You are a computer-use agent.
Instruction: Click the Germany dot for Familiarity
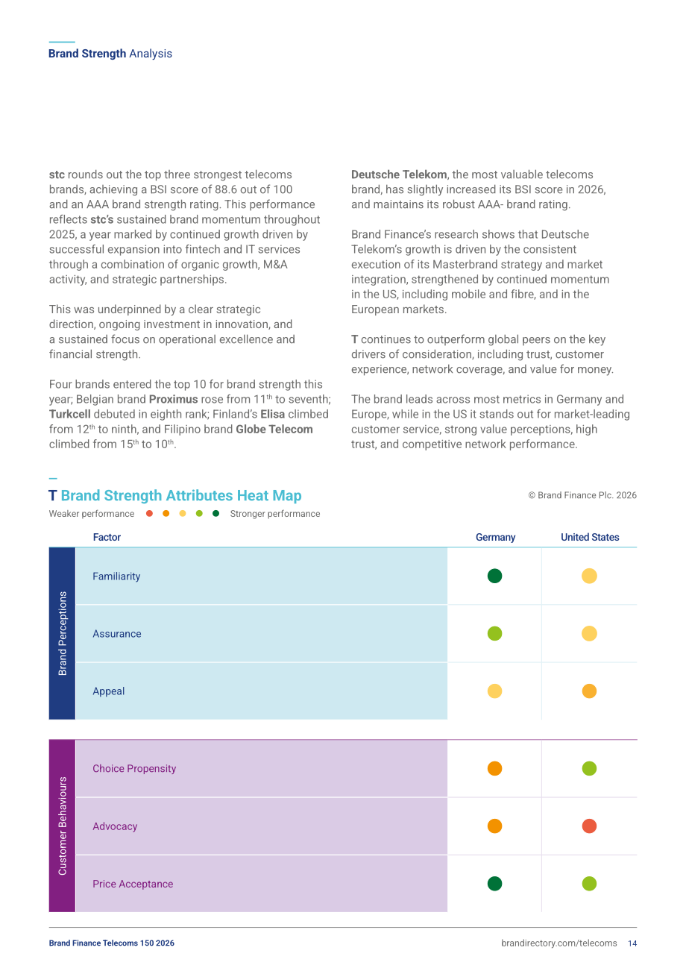pyautogui.click(x=494, y=576)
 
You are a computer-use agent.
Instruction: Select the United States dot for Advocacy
pyautogui.click(x=589, y=826)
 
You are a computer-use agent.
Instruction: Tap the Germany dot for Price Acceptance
pyautogui.click(x=494, y=884)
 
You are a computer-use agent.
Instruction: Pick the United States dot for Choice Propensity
pyautogui.click(x=589, y=768)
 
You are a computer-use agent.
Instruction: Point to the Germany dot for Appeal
pyautogui.click(x=494, y=691)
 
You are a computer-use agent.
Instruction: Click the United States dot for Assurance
pyautogui.click(x=589, y=633)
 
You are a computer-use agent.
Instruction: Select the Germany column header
pyautogui.click(x=495, y=537)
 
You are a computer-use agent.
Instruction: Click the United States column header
pyautogui.click(x=590, y=537)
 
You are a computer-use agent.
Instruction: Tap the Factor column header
pyautogui.click(x=107, y=537)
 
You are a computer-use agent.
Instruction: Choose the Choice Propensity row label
pyautogui.click(x=134, y=769)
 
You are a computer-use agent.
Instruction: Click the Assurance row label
pyautogui.click(x=116, y=634)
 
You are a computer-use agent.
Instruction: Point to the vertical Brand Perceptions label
pyautogui.click(x=63, y=633)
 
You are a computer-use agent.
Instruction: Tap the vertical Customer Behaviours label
pyautogui.click(x=63, y=826)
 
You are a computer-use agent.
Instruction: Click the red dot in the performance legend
pyautogui.click(x=150, y=514)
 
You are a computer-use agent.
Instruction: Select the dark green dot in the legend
pyautogui.click(x=215, y=514)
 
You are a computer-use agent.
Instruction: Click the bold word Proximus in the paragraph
pyautogui.click(x=173, y=399)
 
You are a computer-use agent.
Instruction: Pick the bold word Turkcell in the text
pyautogui.click(x=70, y=414)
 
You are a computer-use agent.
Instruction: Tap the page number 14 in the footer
pyautogui.click(x=632, y=943)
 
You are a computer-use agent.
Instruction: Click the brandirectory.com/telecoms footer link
pyautogui.click(x=559, y=943)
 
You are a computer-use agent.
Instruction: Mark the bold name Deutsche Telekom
pyautogui.click(x=399, y=175)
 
